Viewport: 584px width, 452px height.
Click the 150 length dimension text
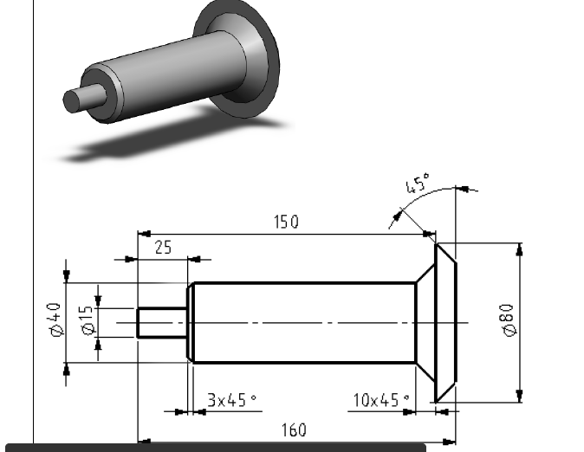(286, 222)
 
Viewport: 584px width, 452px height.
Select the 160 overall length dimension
(295, 429)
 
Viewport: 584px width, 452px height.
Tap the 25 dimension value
(162, 248)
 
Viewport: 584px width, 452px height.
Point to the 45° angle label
(417, 185)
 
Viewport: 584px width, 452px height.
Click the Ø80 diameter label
(507, 320)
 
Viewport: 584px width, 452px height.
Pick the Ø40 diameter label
(54, 321)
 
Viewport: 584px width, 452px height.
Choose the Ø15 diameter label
(86, 321)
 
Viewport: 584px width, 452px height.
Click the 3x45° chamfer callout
(231, 400)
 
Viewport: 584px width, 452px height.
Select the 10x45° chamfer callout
(381, 400)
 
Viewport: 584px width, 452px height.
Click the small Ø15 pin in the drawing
(162, 323)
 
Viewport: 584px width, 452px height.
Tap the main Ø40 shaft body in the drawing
(303, 323)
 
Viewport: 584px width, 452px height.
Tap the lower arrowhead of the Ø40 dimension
(66, 369)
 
